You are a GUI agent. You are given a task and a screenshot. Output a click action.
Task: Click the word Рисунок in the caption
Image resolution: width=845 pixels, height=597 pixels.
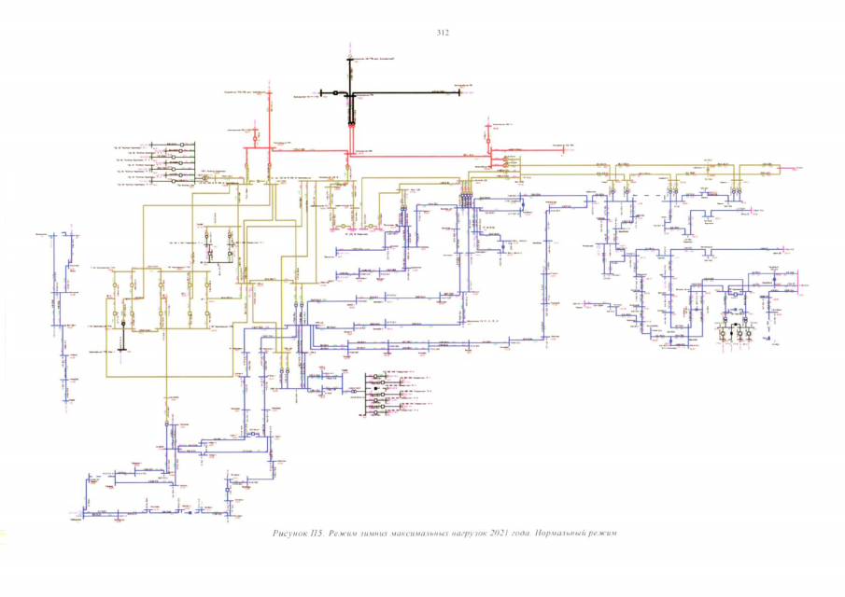[292, 533]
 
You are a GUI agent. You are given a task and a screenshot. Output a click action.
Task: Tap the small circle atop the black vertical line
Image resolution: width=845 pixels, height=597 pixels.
[348, 56]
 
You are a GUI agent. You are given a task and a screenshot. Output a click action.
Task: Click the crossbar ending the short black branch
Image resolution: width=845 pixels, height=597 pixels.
[321, 93]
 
